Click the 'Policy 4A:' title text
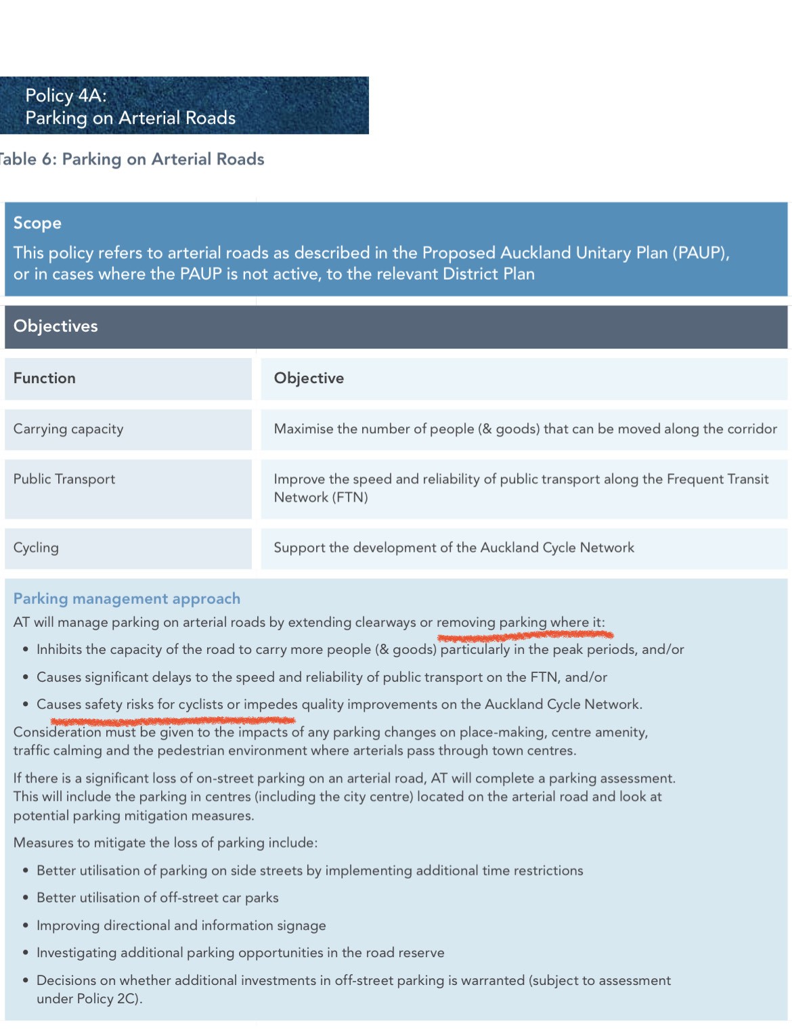tap(66, 95)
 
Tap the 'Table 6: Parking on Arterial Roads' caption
tap(131, 159)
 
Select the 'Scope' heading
tap(37, 223)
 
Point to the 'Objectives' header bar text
tap(56, 326)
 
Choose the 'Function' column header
tap(45, 378)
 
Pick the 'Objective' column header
tap(309, 378)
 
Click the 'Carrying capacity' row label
tap(68, 429)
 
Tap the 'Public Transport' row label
tap(64, 479)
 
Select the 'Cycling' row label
tap(36, 548)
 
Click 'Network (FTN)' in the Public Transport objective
tap(321, 498)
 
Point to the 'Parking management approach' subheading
tap(127, 598)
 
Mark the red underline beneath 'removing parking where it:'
tap(525, 636)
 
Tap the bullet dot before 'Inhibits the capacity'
tap(25, 650)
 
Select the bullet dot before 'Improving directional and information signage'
tap(25, 925)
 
